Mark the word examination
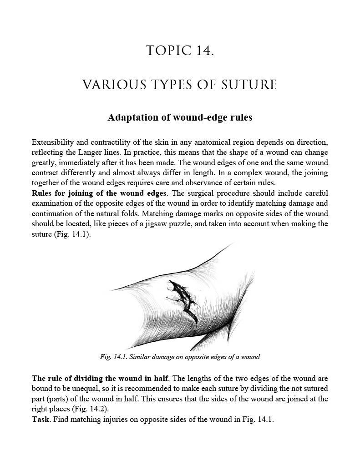pyautogui.click(x=53, y=203)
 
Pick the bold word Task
pyautogui.click(x=41, y=419)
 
